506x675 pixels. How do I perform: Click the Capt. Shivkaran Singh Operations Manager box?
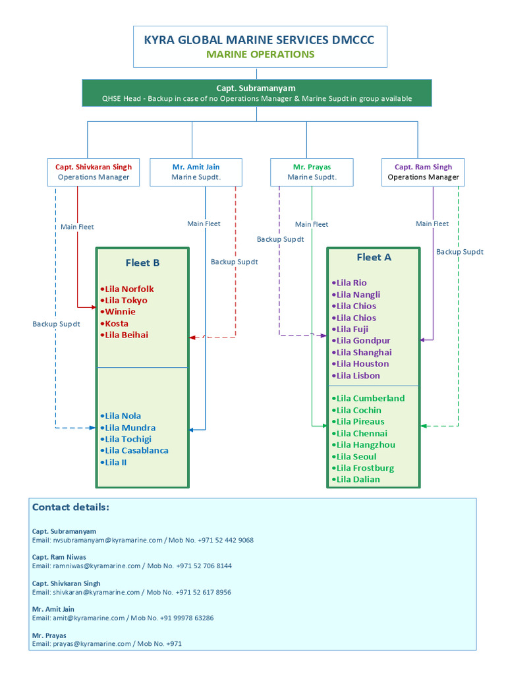94,172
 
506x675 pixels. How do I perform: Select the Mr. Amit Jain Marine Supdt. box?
196,172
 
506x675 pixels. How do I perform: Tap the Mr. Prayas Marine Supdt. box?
312,172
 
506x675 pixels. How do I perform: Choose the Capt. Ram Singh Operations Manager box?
423,172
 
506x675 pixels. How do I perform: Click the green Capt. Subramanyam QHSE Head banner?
257,93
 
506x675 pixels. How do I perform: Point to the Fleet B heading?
142,263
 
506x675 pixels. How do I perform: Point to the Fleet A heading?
374,258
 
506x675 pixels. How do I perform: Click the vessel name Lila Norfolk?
127,289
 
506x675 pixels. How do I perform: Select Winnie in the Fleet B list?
119,312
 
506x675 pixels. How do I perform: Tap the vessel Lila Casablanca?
134,451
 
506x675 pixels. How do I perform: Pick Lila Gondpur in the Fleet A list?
362,341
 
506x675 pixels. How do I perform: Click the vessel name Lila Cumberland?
368,398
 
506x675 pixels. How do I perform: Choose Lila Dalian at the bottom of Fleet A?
356,479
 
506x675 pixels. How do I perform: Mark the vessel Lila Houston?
360,364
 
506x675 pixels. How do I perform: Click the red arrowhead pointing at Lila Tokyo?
94,307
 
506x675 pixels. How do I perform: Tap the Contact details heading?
70,507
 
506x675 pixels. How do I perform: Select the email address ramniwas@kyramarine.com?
97,566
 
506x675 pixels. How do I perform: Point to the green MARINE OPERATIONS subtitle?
260,55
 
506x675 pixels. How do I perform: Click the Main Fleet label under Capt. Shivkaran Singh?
77,227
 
